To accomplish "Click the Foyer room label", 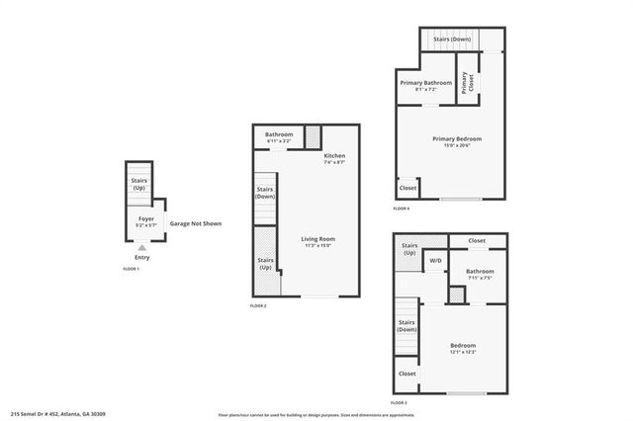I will [144, 221].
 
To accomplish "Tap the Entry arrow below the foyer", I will [142, 247].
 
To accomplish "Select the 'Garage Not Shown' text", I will [196, 223].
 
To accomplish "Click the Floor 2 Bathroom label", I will [279, 137].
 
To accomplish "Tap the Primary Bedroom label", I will [457, 141].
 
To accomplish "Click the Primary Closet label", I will [465, 85].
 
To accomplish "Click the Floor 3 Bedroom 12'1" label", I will [464, 348].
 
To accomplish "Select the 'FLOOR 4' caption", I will [401, 210].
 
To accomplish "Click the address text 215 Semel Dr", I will [58, 414].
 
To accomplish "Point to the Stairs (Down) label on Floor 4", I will [452, 40].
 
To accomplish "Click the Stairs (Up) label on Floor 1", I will [139, 183].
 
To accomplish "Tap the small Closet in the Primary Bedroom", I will [407, 188].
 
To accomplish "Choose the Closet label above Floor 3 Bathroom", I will [477, 240].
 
